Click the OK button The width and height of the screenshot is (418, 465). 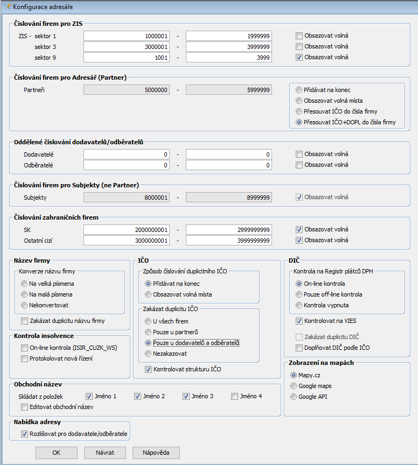57,453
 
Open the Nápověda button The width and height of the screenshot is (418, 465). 156,453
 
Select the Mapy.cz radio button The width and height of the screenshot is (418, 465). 294,375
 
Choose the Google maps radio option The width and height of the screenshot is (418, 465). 294,386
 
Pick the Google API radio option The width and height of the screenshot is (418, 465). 294,397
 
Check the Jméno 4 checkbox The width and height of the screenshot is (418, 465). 235,396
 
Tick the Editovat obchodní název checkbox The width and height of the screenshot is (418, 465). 24,407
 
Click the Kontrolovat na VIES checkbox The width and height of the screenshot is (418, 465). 299,321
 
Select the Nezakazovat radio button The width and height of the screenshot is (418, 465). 149,353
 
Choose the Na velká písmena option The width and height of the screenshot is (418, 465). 24,283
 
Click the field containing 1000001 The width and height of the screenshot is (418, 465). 127,36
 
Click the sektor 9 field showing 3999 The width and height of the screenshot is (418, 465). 228,57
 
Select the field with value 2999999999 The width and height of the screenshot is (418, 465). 228,229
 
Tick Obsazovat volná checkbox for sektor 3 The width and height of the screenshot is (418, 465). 299,46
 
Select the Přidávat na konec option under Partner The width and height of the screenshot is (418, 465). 299,90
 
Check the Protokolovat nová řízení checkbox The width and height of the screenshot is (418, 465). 24,358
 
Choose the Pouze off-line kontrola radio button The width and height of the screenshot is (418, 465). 299,294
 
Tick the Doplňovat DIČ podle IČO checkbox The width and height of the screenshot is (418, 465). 299,348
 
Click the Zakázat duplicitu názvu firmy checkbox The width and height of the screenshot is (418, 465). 24,321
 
